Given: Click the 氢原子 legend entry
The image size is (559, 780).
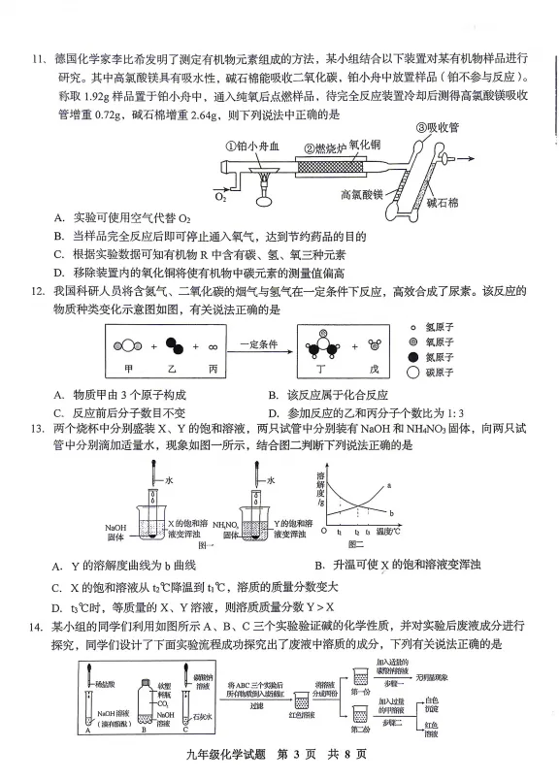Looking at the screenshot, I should click(446, 328).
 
